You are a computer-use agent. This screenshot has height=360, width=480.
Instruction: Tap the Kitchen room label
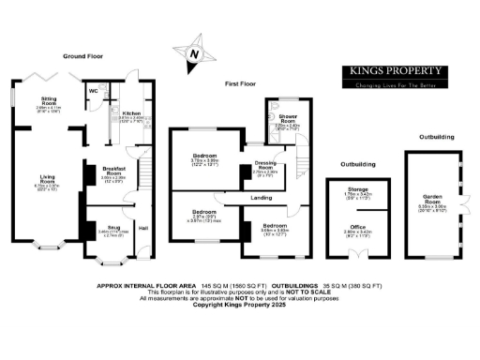point(131,112)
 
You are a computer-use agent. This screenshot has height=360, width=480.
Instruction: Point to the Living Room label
point(47,177)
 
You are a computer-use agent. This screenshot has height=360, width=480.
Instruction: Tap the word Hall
point(143,228)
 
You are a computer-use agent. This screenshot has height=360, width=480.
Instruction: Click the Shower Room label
point(287,119)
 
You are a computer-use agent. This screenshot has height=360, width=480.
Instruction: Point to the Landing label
point(262,199)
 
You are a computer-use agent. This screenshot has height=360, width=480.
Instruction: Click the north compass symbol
point(193,53)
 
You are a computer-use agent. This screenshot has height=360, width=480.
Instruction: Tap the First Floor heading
point(241,83)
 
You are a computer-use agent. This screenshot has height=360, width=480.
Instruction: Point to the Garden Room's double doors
point(465,202)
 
